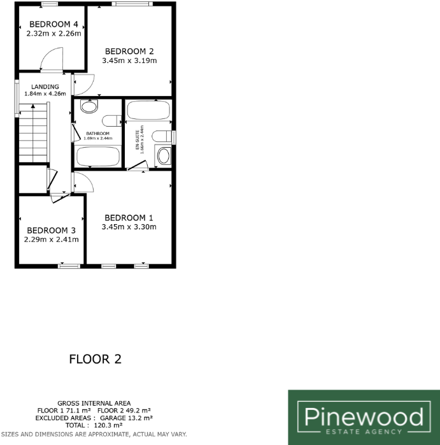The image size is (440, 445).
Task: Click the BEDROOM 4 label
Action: click(53, 25)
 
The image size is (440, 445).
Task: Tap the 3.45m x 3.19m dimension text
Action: click(129, 60)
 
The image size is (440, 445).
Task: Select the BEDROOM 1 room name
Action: click(129, 216)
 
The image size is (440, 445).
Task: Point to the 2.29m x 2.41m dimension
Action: click(52, 240)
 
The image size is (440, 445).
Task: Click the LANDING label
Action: click(45, 87)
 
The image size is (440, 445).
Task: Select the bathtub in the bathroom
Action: click(98, 156)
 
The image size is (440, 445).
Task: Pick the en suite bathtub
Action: click(148, 110)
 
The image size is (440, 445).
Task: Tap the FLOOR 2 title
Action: click(95, 360)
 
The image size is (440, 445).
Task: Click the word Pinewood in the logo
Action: click(364, 418)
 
